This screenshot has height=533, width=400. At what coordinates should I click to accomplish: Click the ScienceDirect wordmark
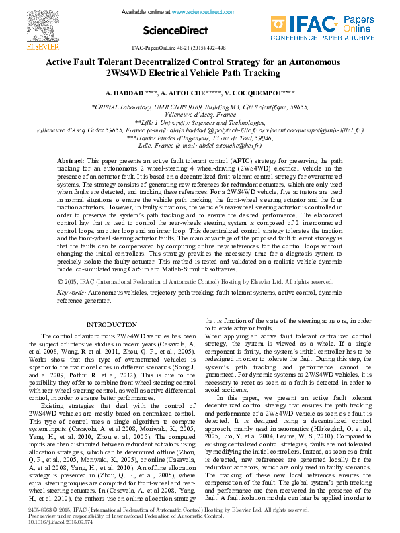coord(171,30)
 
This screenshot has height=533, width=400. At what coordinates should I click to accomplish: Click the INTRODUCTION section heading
coord(112,325)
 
